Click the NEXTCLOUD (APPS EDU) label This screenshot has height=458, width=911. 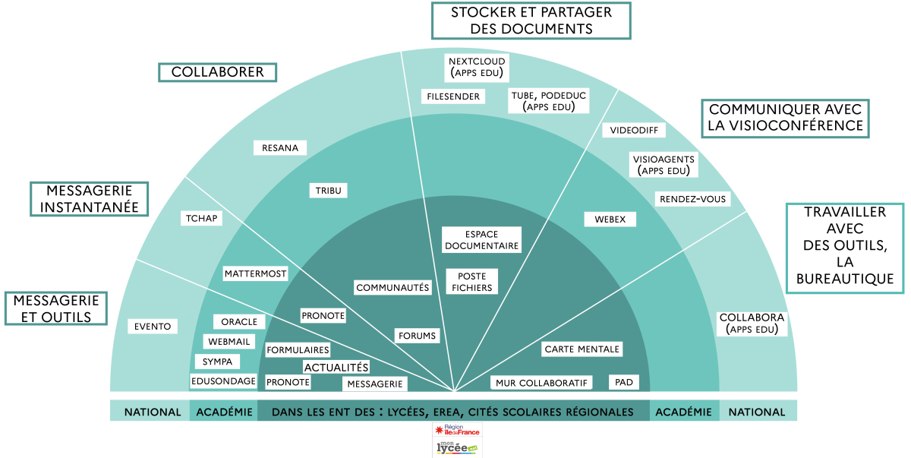click(x=477, y=68)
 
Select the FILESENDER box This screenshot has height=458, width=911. click(x=453, y=96)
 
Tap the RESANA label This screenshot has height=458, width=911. click(x=280, y=147)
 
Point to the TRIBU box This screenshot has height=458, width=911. click(x=328, y=191)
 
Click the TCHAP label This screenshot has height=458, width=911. click(x=201, y=219)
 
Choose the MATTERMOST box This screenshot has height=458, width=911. click(x=255, y=273)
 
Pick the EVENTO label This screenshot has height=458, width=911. click(x=153, y=326)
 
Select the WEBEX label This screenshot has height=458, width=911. click(x=610, y=220)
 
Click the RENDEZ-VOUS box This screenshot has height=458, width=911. click(x=692, y=199)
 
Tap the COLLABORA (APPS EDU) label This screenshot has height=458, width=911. click(x=752, y=324)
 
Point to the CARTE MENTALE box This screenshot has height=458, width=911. click(x=582, y=349)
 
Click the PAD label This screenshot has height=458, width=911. click(x=624, y=382)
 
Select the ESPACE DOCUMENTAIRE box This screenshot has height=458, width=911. click(x=481, y=240)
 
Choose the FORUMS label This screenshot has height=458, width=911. click(x=417, y=336)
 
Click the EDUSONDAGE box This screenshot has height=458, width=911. click(x=223, y=381)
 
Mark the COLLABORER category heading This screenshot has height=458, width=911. click(x=218, y=72)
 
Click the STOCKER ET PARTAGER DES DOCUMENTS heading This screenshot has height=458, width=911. click(x=531, y=21)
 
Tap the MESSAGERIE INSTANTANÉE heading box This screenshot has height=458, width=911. click(x=89, y=199)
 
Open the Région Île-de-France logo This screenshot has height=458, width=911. click(x=457, y=430)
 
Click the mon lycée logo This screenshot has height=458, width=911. click(x=457, y=447)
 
